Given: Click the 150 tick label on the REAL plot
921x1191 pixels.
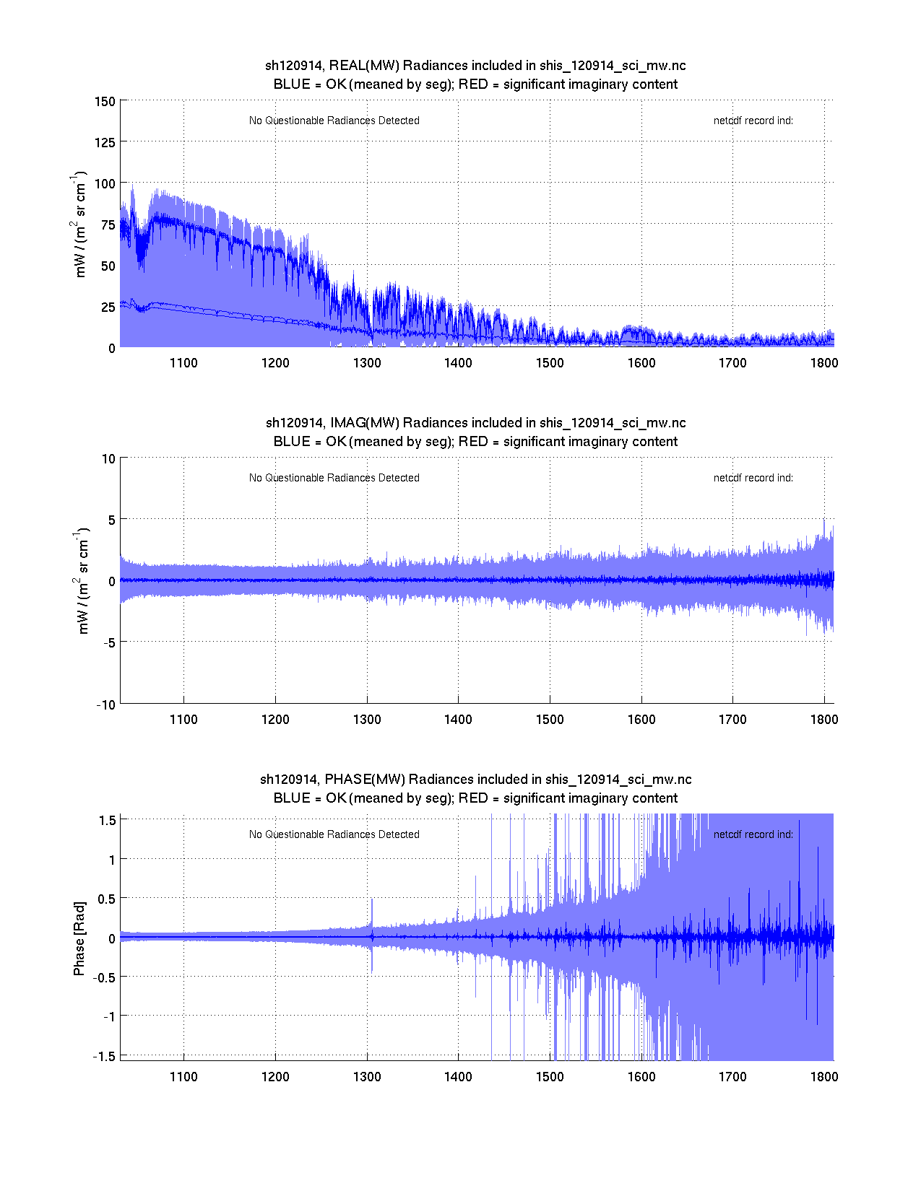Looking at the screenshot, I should tap(105, 102).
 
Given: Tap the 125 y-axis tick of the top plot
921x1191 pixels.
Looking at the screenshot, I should tap(105, 143).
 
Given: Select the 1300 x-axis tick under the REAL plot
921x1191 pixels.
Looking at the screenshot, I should tap(367, 363).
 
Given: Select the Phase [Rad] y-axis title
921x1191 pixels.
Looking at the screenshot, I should tap(79, 938).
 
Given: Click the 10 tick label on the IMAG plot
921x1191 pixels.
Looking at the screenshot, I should tap(108, 459).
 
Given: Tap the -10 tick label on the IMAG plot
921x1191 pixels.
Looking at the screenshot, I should tap(105, 705).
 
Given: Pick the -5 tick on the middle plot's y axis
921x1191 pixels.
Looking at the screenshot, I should tap(108, 643).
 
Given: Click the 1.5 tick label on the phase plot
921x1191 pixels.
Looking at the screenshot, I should tap(108, 820).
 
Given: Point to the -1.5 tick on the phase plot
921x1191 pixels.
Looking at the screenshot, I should tap(105, 1056).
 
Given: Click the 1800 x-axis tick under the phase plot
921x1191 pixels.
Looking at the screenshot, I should tap(824, 1077).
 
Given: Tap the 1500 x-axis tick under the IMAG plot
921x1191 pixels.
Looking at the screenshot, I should tap(550, 720).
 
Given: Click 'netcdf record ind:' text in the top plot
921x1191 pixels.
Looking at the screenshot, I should tap(753, 121).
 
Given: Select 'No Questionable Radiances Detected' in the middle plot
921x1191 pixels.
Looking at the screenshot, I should tap(334, 478).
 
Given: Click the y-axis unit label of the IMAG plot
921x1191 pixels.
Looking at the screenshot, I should tap(82, 582).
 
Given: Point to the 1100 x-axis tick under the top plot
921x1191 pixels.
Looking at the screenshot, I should tap(183, 363).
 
